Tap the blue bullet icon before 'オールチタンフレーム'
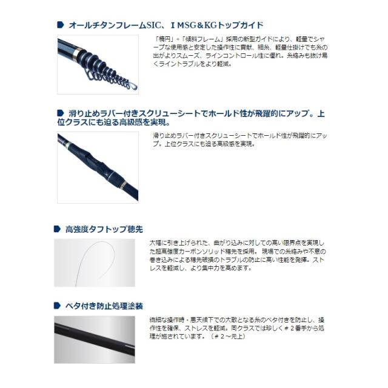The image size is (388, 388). (61, 25)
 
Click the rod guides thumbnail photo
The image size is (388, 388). (97, 64)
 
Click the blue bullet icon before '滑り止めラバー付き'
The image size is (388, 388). (61, 113)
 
